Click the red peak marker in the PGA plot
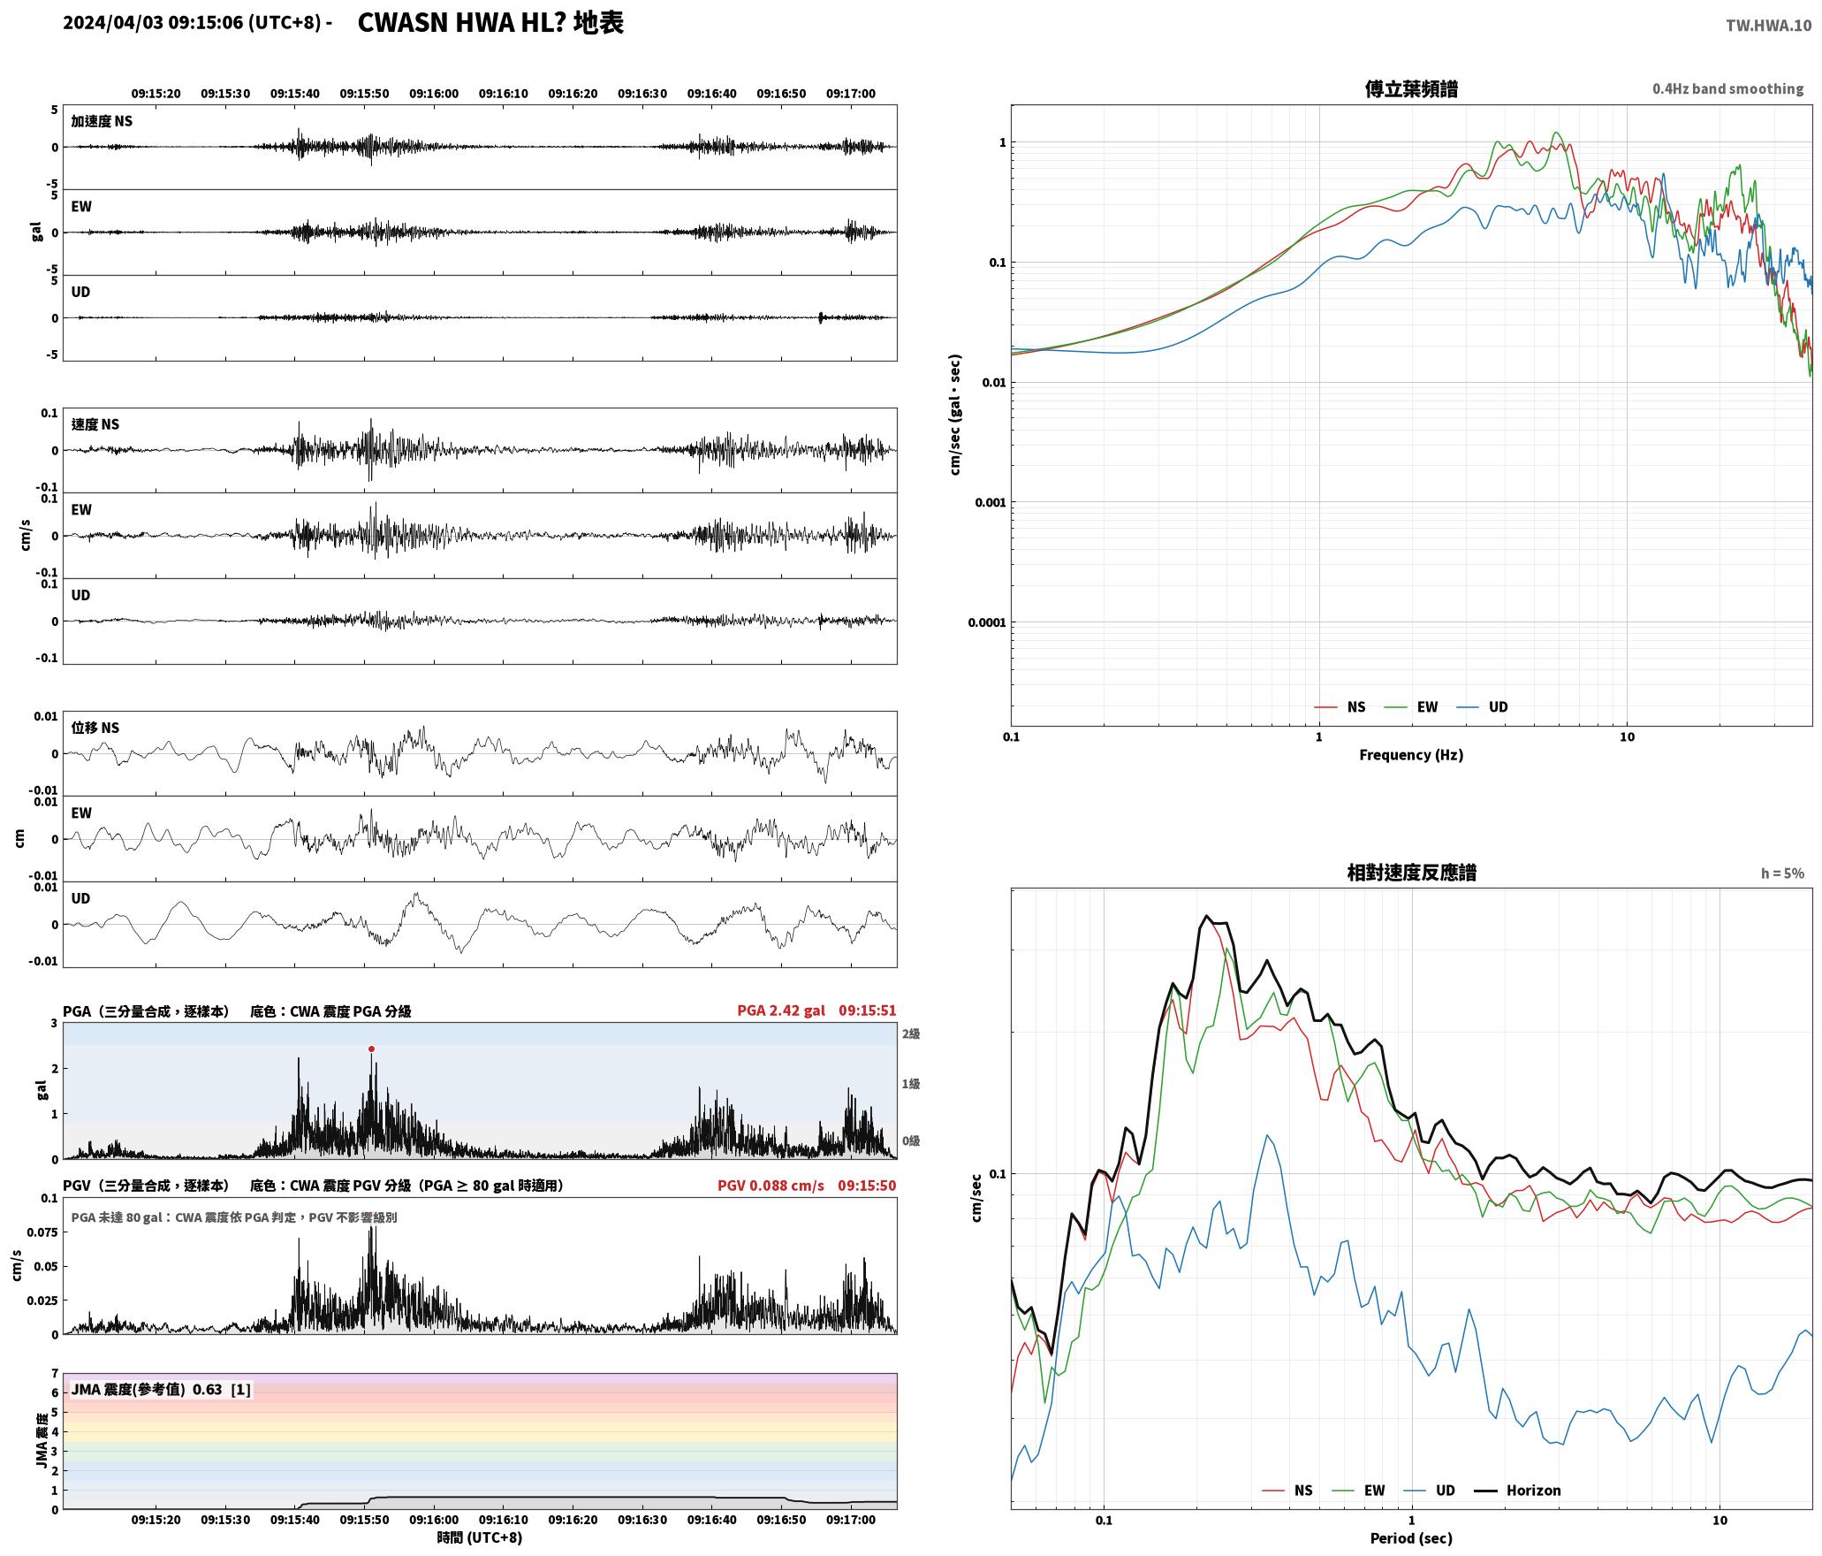[x=371, y=1049]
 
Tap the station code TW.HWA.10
[x=1768, y=25]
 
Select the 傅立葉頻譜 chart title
[x=1411, y=88]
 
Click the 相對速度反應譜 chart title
[x=1411, y=873]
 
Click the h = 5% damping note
[x=1782, y=873]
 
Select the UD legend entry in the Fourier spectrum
[x=1483, y=707]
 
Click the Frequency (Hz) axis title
[x=1411, y=755]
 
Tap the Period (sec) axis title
[x=1411, y=1538]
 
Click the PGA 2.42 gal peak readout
[x=781, y=1011]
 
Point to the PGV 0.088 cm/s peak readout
[x=771, y=1186]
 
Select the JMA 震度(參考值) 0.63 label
[x=147, y=1390]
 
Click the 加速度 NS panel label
[x=102, y=121]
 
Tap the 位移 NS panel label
[x=95, y=728]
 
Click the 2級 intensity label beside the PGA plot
[x=911, y=1034]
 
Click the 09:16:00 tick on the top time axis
[x=434, y=94]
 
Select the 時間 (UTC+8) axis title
[x=480, y=1538]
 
